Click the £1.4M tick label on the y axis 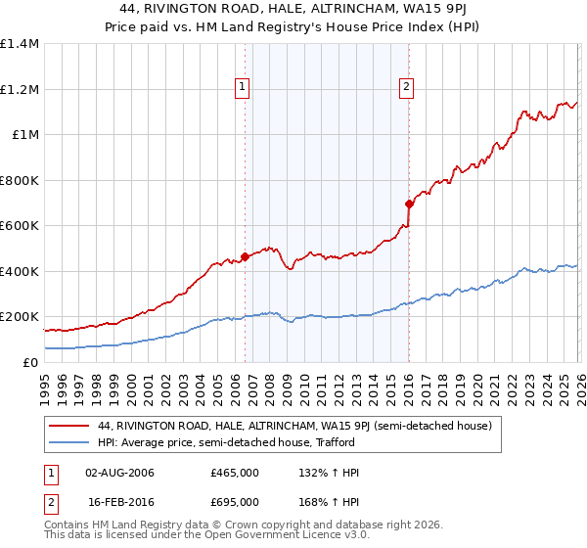tap(20, 44)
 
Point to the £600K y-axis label tap(20, 225)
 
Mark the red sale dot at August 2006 tap(245, 256)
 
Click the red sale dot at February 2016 tap(408, 205)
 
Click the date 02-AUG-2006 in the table tap(120, 473)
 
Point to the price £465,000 tap(235, 473)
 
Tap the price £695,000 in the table tap(235, 502)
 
